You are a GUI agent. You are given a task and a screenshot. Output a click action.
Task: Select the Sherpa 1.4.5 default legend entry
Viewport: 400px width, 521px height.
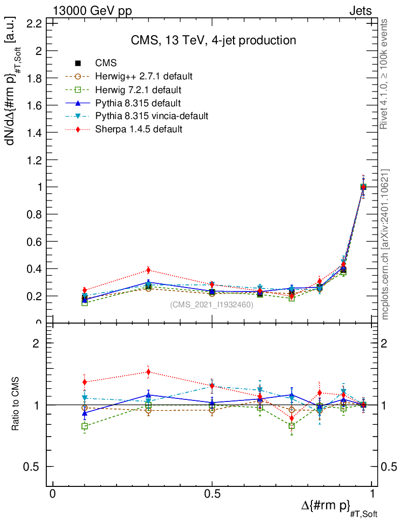[138, 129]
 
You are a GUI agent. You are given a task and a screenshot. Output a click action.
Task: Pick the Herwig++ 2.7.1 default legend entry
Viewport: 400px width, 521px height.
[144, 76]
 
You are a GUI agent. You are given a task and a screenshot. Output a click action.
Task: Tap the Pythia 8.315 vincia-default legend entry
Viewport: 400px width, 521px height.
[152, 116]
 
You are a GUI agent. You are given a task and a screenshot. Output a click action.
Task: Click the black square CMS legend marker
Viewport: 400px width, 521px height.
[78, 63]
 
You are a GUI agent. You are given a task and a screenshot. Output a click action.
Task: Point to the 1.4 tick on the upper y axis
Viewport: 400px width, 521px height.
[38, 132]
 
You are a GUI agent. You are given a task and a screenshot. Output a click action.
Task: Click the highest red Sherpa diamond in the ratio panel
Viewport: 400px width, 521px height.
[148, 372]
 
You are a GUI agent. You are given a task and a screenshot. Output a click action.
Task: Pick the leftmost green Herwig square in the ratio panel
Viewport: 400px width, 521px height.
[84, 426]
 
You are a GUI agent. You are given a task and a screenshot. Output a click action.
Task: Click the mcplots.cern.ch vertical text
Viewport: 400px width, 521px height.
[386, 244]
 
